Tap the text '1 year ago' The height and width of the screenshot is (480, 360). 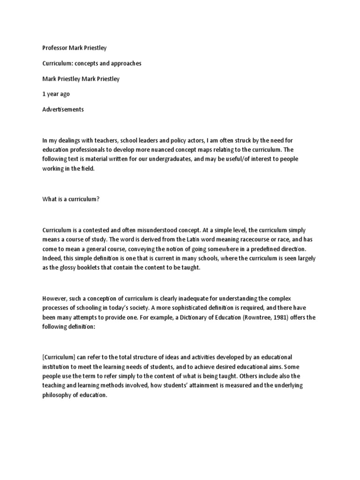click(x=56, y=94)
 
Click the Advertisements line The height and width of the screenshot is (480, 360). click(x=63, y=109)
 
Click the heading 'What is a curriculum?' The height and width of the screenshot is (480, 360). click(x=71, y=199)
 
